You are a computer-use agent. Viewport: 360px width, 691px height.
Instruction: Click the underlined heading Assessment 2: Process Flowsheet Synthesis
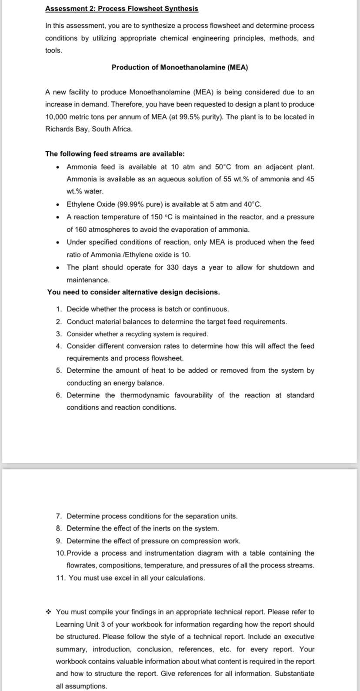(x=122, y=8)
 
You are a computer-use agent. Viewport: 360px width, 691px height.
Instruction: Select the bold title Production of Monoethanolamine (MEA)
(x=180, y=67)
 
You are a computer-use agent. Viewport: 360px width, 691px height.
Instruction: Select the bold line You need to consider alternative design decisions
(x=133, y=292)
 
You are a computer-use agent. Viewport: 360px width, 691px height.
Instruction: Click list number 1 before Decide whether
(x=59, y=309)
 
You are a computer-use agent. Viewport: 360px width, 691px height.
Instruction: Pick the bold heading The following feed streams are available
(x=115, y=154)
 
